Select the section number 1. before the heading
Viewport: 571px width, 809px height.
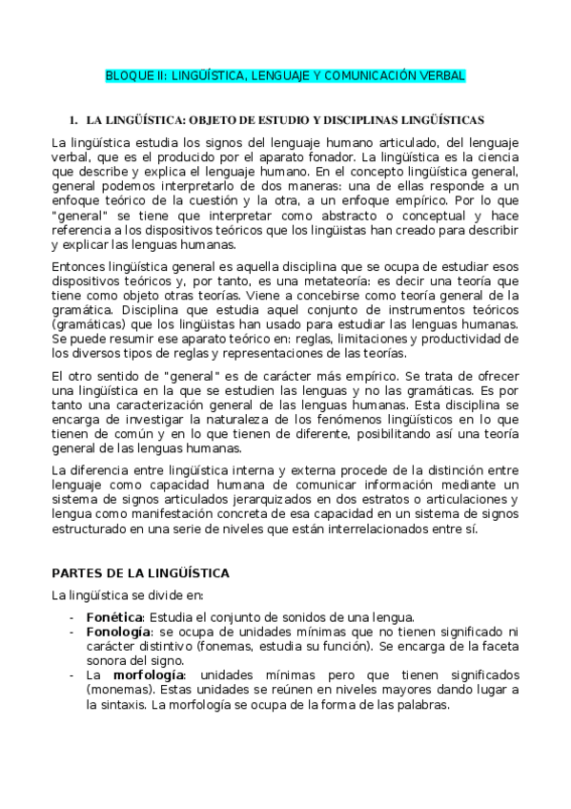coord(71,121)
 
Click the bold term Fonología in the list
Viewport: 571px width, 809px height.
coord(117,632)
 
